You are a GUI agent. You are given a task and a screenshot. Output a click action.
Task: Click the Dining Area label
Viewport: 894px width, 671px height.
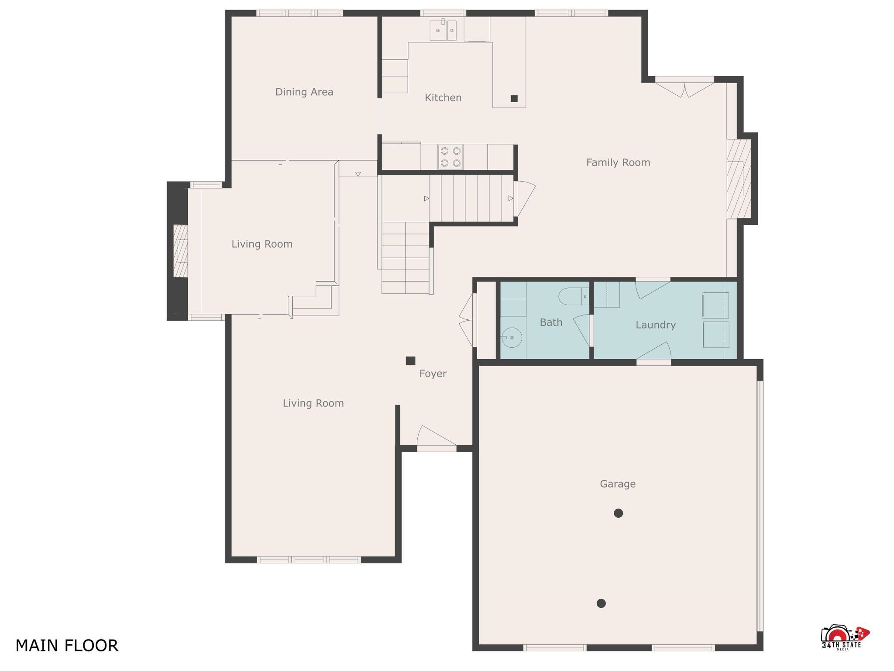[x=304, y=92]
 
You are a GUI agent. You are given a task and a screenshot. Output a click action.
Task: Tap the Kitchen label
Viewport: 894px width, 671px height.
[x=443, y=97]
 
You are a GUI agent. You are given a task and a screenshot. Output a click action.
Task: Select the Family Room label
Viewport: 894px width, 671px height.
[x=618, y=163]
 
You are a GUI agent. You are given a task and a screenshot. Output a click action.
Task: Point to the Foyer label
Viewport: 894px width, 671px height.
[x=433, y=374]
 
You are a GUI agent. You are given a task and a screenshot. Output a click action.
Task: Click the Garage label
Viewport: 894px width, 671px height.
[x=618, y=484]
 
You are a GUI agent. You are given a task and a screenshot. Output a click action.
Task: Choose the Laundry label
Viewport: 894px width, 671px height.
[x=656, y=325]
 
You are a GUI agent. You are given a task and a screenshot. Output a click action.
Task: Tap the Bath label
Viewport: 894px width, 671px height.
[x=551, y=322]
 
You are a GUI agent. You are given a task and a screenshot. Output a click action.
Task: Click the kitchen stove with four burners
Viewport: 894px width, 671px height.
[x=450, y=157]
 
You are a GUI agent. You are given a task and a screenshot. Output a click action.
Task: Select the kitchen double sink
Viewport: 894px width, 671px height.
[x=443, y=30]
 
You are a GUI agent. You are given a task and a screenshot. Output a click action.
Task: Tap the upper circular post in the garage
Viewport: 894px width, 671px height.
[x=618, y=513]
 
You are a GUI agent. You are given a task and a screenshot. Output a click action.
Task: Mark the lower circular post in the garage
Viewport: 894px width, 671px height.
[x=601, y=603]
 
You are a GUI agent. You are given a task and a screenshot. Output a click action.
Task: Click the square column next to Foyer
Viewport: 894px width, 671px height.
[x=410, y=361]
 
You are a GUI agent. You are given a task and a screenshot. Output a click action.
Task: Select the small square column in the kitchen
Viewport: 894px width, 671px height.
[x=514, y=99]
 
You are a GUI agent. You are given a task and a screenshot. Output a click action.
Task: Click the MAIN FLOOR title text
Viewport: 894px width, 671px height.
[x=67, y=646]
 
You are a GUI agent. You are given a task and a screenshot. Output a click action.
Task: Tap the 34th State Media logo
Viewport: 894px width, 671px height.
[x=845, y=638]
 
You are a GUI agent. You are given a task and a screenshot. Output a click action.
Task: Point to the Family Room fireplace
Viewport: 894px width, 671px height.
[x=739, y=179]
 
